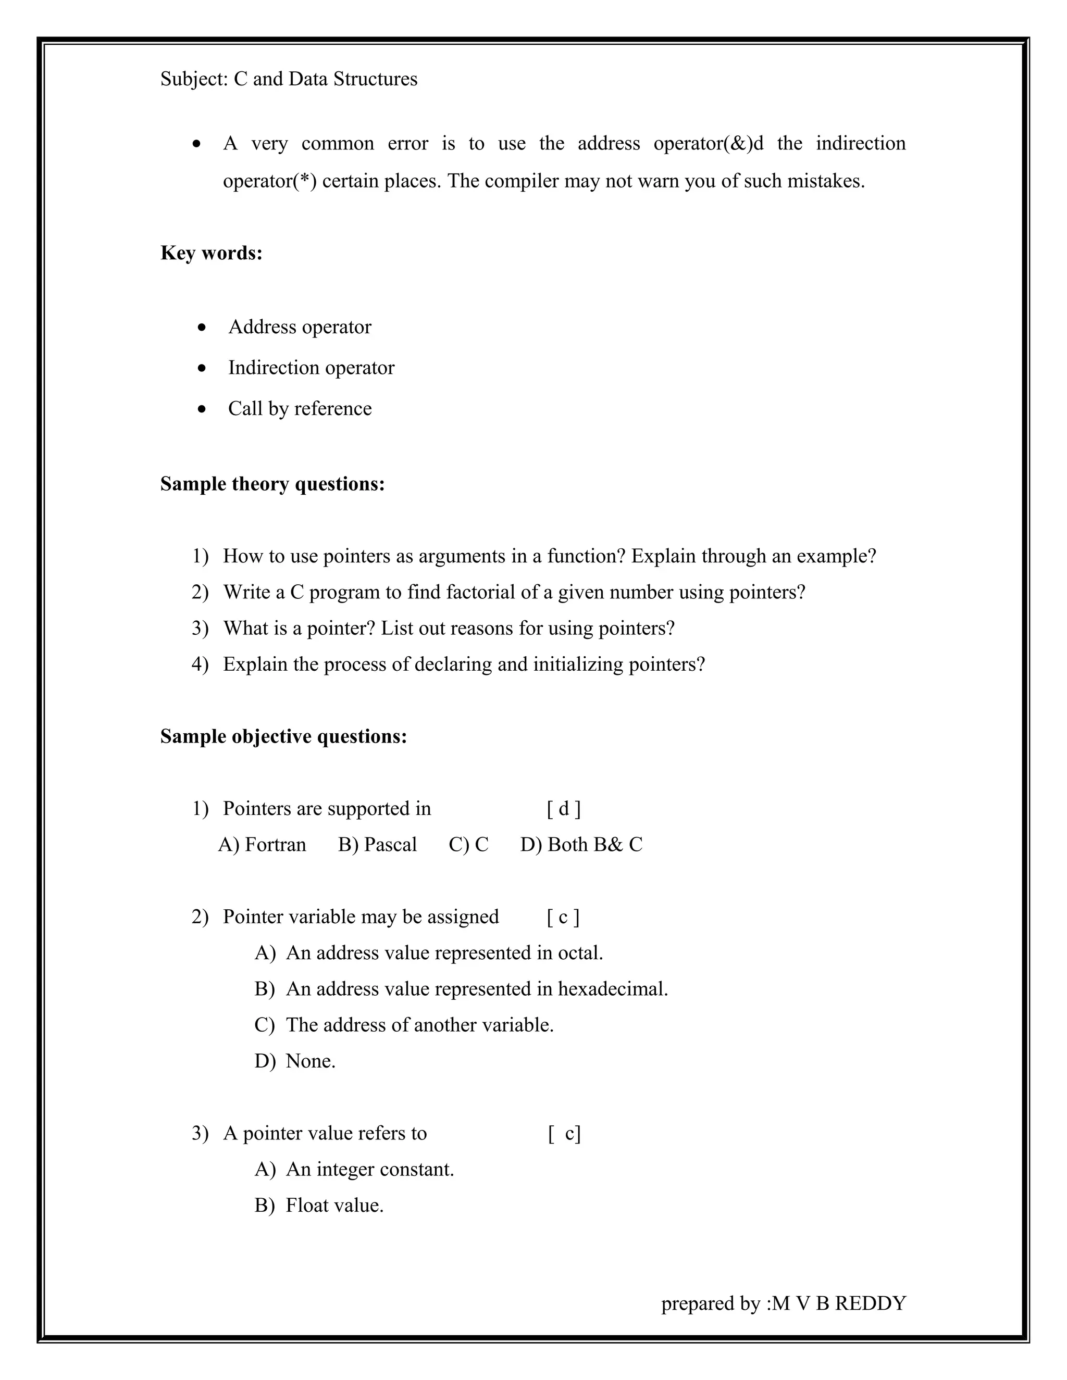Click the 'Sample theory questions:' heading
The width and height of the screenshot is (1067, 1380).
(272, 483)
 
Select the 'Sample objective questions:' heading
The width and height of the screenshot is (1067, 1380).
(283, 736)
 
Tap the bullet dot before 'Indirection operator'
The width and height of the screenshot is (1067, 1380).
(202, 368)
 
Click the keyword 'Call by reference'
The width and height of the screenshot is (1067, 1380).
(300, 408)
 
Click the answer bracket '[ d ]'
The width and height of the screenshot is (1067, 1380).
(563, 808)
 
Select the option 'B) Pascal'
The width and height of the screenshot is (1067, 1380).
(377, 844)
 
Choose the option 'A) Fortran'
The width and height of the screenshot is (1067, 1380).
(262, 844)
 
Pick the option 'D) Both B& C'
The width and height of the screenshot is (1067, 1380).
(581, 844)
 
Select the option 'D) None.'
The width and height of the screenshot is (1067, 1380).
(294, 1060)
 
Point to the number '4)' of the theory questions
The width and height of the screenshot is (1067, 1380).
(200, 664)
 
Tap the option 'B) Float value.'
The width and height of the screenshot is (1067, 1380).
(319, 1205)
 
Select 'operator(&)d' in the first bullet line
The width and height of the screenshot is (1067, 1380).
(708, 143)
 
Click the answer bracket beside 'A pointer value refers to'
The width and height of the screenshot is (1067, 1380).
(564, 1133)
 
